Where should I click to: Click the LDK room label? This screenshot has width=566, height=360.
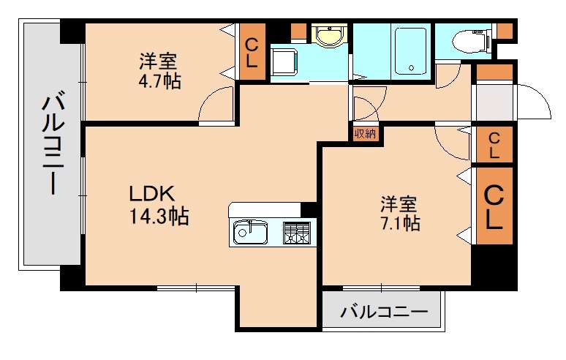coord(151,194)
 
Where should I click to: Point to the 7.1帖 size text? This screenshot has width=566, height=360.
coord(399,223)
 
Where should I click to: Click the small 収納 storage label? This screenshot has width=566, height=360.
coord(365,133)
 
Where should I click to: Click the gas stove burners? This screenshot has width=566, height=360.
coord(296,233)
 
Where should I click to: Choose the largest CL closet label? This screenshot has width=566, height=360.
coord(494,207)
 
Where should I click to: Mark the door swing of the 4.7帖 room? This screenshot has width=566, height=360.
coord(218,102)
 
